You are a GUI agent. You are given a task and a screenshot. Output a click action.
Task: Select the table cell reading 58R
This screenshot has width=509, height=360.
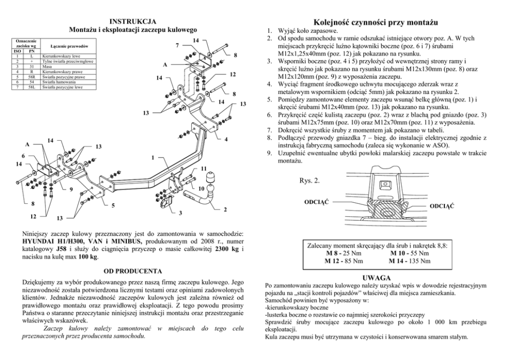click(x=31, y=78)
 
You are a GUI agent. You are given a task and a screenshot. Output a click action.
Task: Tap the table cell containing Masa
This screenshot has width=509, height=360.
click(x=47, y=66)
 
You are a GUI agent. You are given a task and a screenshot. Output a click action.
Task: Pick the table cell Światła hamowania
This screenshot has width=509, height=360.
click(x=58, y=82)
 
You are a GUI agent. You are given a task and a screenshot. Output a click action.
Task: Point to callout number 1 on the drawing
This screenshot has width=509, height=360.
click(x=153, y=157)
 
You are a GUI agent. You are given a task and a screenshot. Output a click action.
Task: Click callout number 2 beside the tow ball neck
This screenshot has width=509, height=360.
click(x=225, y=209)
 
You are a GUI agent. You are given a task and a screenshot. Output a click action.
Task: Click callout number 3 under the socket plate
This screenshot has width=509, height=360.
click(x=180, y=213)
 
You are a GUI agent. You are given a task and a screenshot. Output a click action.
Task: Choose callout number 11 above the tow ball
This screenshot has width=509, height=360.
click(x=204, y=169)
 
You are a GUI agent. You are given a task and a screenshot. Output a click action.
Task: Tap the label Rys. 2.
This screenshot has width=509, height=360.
click(x=309, y=180)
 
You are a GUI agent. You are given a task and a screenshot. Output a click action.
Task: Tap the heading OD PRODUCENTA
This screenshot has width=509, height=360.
click(x=133, y=271)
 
